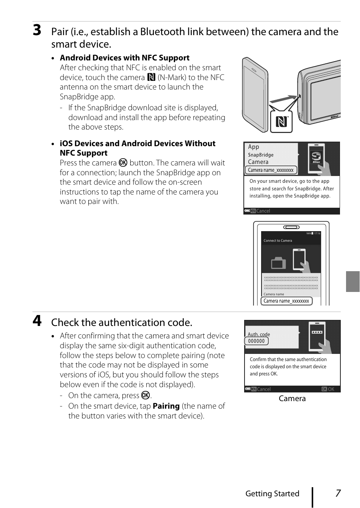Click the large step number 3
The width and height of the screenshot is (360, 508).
tap(37, 30)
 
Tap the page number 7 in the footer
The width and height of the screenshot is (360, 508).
tap(338, 493)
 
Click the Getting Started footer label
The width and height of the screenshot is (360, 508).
tap(272, 494)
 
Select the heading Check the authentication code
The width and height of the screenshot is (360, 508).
tap(122, 323)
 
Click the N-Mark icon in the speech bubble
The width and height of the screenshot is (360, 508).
tap(281, 122)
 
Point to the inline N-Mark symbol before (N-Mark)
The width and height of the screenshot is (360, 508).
tap(151, 77)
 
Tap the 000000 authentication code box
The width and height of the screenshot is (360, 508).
tap(257, 341)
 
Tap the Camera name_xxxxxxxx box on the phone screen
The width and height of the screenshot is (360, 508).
tap(286, 301)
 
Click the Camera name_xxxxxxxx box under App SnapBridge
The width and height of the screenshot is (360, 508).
tap(271, 170)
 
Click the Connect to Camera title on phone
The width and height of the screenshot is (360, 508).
tap(278, 241)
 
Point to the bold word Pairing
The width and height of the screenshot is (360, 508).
tap(166, 406)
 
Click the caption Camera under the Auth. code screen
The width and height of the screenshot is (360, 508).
tap(292, 398)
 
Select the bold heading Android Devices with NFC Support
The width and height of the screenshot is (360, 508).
tap(125, 58)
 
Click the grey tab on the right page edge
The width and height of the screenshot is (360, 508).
tap(352, 281)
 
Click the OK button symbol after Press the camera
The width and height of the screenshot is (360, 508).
tap(123, 163)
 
